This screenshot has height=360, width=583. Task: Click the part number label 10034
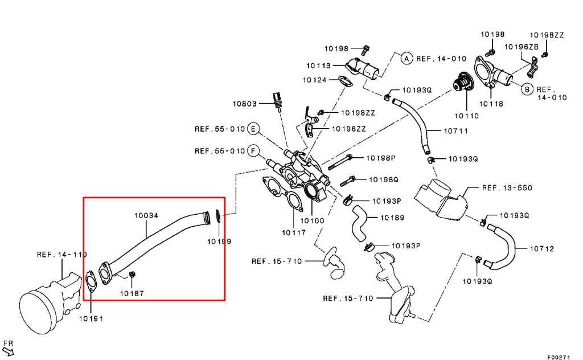coord(146,215)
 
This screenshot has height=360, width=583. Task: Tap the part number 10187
coord(132,293)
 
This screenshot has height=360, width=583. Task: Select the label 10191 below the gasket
coord(91,319)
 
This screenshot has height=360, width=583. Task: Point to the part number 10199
coord(219,242)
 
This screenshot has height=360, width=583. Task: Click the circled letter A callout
coord(407,59)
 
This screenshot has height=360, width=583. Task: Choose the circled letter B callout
coord(527,89)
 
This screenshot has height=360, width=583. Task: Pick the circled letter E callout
coord(253,129)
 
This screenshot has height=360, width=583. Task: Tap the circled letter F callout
coord(253,151)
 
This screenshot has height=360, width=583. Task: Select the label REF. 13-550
coord(507,188)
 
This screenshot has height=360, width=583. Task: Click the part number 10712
coord(542,249)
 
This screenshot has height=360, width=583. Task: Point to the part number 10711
coord(456,131)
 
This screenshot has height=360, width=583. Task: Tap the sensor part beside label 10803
coord(276,100)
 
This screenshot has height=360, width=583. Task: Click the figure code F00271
coord(558,357)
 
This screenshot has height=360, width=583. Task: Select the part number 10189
coord(392,218)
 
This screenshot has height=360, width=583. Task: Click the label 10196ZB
coord(522,47)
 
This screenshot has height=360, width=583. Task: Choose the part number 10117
coord(294,233)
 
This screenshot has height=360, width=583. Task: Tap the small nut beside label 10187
coord(132,275)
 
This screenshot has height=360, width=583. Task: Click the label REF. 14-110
coord(61,255)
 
